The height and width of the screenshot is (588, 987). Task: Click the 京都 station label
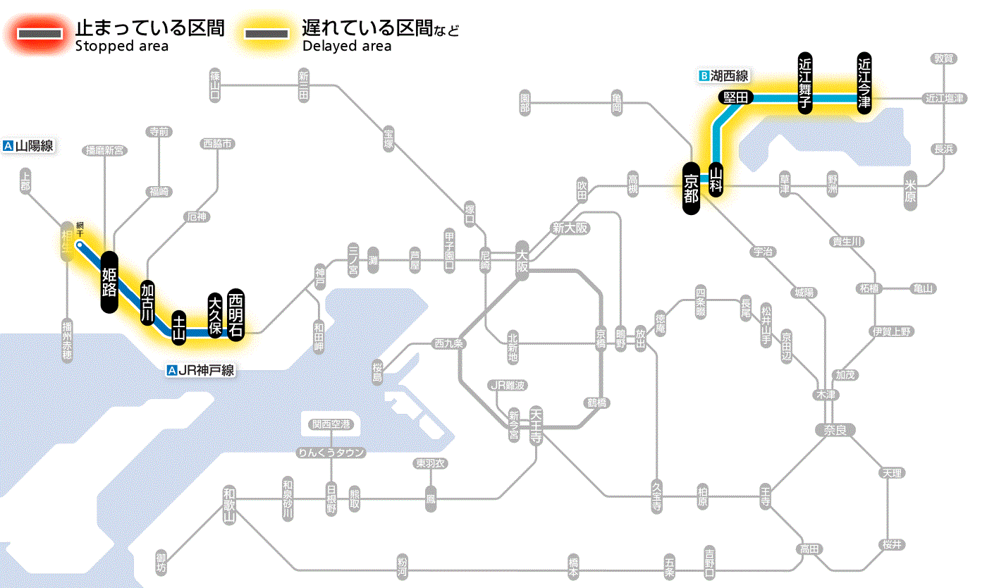[x=692, y=188]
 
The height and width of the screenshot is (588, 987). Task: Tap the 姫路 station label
[x=109, y=282]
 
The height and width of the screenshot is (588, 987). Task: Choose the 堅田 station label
[x=736, y=97]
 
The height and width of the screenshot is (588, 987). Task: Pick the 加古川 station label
[x=147, y=302]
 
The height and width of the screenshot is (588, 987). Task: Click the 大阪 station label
[x=522, y=260]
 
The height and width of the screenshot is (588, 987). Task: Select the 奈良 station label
[x=835, y=429]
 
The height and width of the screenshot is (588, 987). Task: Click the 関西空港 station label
[x=331, y=424]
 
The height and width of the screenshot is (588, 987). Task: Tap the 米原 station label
[x=912, y=192]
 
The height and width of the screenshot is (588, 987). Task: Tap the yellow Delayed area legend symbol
[x=266, y=33]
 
